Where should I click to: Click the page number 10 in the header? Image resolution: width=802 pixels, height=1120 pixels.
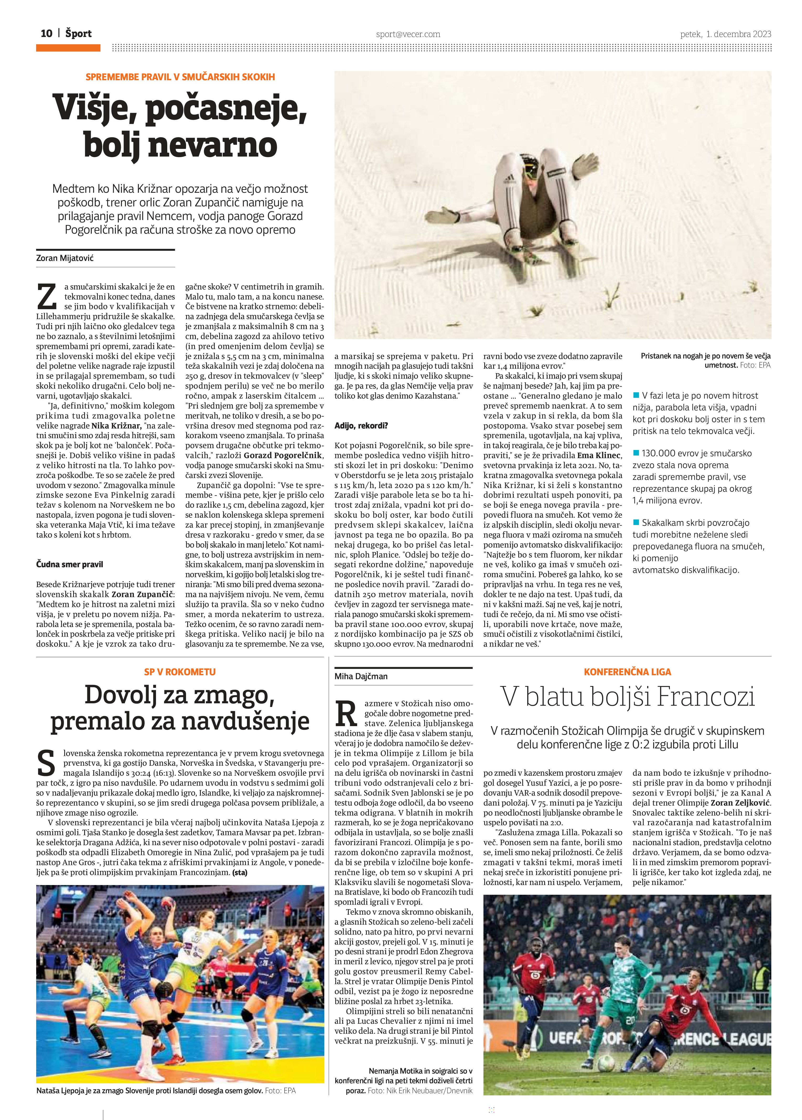point(46,34)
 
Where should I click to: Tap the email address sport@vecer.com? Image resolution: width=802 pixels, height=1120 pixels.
point(408,34)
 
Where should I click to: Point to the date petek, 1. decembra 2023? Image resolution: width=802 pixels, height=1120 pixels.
point(725,34)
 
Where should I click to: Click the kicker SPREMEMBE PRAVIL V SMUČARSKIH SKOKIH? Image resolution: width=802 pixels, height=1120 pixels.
point(180,77)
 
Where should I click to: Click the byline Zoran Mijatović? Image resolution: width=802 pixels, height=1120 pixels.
point(65,258)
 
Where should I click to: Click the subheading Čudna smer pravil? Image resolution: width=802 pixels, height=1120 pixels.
point(70,564)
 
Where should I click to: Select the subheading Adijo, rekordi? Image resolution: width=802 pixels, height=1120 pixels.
point(361,425)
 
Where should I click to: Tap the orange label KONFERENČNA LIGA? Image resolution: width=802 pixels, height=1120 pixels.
point(627,672)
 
